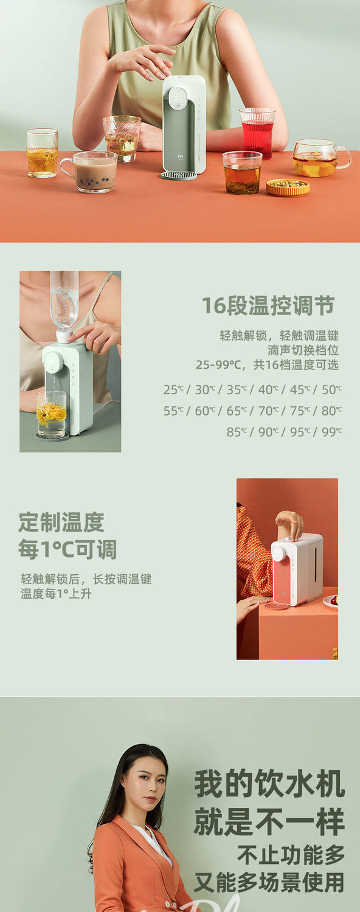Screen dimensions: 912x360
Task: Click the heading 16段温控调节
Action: pos(268,306)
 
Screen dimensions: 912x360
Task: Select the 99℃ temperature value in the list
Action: pos(331,432)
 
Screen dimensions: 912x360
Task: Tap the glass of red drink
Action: pos(257,133)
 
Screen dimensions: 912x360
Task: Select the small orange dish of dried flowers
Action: pos(288,186)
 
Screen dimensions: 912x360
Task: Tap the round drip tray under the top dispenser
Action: pos(178,175)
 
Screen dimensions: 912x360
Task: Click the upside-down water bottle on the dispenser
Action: pos(64,302)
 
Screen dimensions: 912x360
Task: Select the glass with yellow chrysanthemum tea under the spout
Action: pos(51,413)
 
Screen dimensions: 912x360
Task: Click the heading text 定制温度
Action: pos(61,522)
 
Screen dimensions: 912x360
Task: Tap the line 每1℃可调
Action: pos(67,550)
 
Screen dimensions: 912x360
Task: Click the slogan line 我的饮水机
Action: pos(269,784)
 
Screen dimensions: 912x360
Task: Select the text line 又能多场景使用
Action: pos(269,882)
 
